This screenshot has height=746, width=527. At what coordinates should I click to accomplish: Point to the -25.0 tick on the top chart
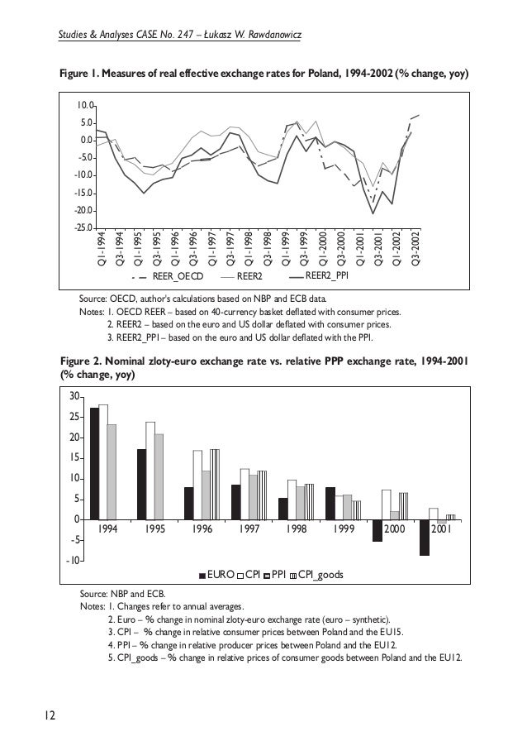point(83,227)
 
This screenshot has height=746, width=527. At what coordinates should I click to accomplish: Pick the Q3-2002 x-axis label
point(415,243)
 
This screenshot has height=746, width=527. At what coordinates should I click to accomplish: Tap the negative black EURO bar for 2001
point(424,537)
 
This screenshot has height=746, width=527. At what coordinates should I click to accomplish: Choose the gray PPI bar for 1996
point(207,495)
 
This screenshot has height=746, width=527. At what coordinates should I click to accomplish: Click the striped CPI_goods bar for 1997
point(262,495)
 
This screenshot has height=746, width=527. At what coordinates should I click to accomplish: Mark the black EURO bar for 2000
point(377,530)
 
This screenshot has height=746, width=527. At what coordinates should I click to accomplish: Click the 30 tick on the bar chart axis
point(74,396)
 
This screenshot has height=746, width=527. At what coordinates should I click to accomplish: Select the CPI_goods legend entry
point(320,573)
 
